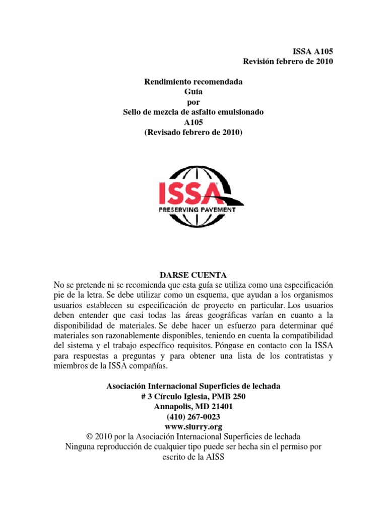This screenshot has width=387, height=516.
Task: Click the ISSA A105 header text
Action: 312,51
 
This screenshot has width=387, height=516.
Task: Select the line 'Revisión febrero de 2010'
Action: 288,61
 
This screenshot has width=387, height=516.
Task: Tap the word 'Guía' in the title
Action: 193,92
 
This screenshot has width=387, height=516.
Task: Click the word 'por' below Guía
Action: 193,102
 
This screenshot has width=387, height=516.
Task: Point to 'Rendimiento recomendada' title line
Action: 193,82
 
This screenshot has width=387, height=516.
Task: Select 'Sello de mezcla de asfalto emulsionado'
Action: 193,112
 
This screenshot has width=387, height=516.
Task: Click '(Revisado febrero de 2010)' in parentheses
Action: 193,132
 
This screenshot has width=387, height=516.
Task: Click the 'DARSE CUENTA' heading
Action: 193,275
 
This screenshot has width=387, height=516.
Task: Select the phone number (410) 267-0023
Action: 193,417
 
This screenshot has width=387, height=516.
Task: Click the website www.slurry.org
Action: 193,427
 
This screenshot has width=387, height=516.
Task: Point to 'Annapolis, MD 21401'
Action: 193,407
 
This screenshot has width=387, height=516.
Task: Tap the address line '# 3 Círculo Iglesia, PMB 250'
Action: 193,397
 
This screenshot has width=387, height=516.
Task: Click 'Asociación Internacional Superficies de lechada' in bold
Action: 193,386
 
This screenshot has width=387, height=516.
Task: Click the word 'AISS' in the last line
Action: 214,457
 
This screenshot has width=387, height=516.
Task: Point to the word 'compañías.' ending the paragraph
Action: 148,366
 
